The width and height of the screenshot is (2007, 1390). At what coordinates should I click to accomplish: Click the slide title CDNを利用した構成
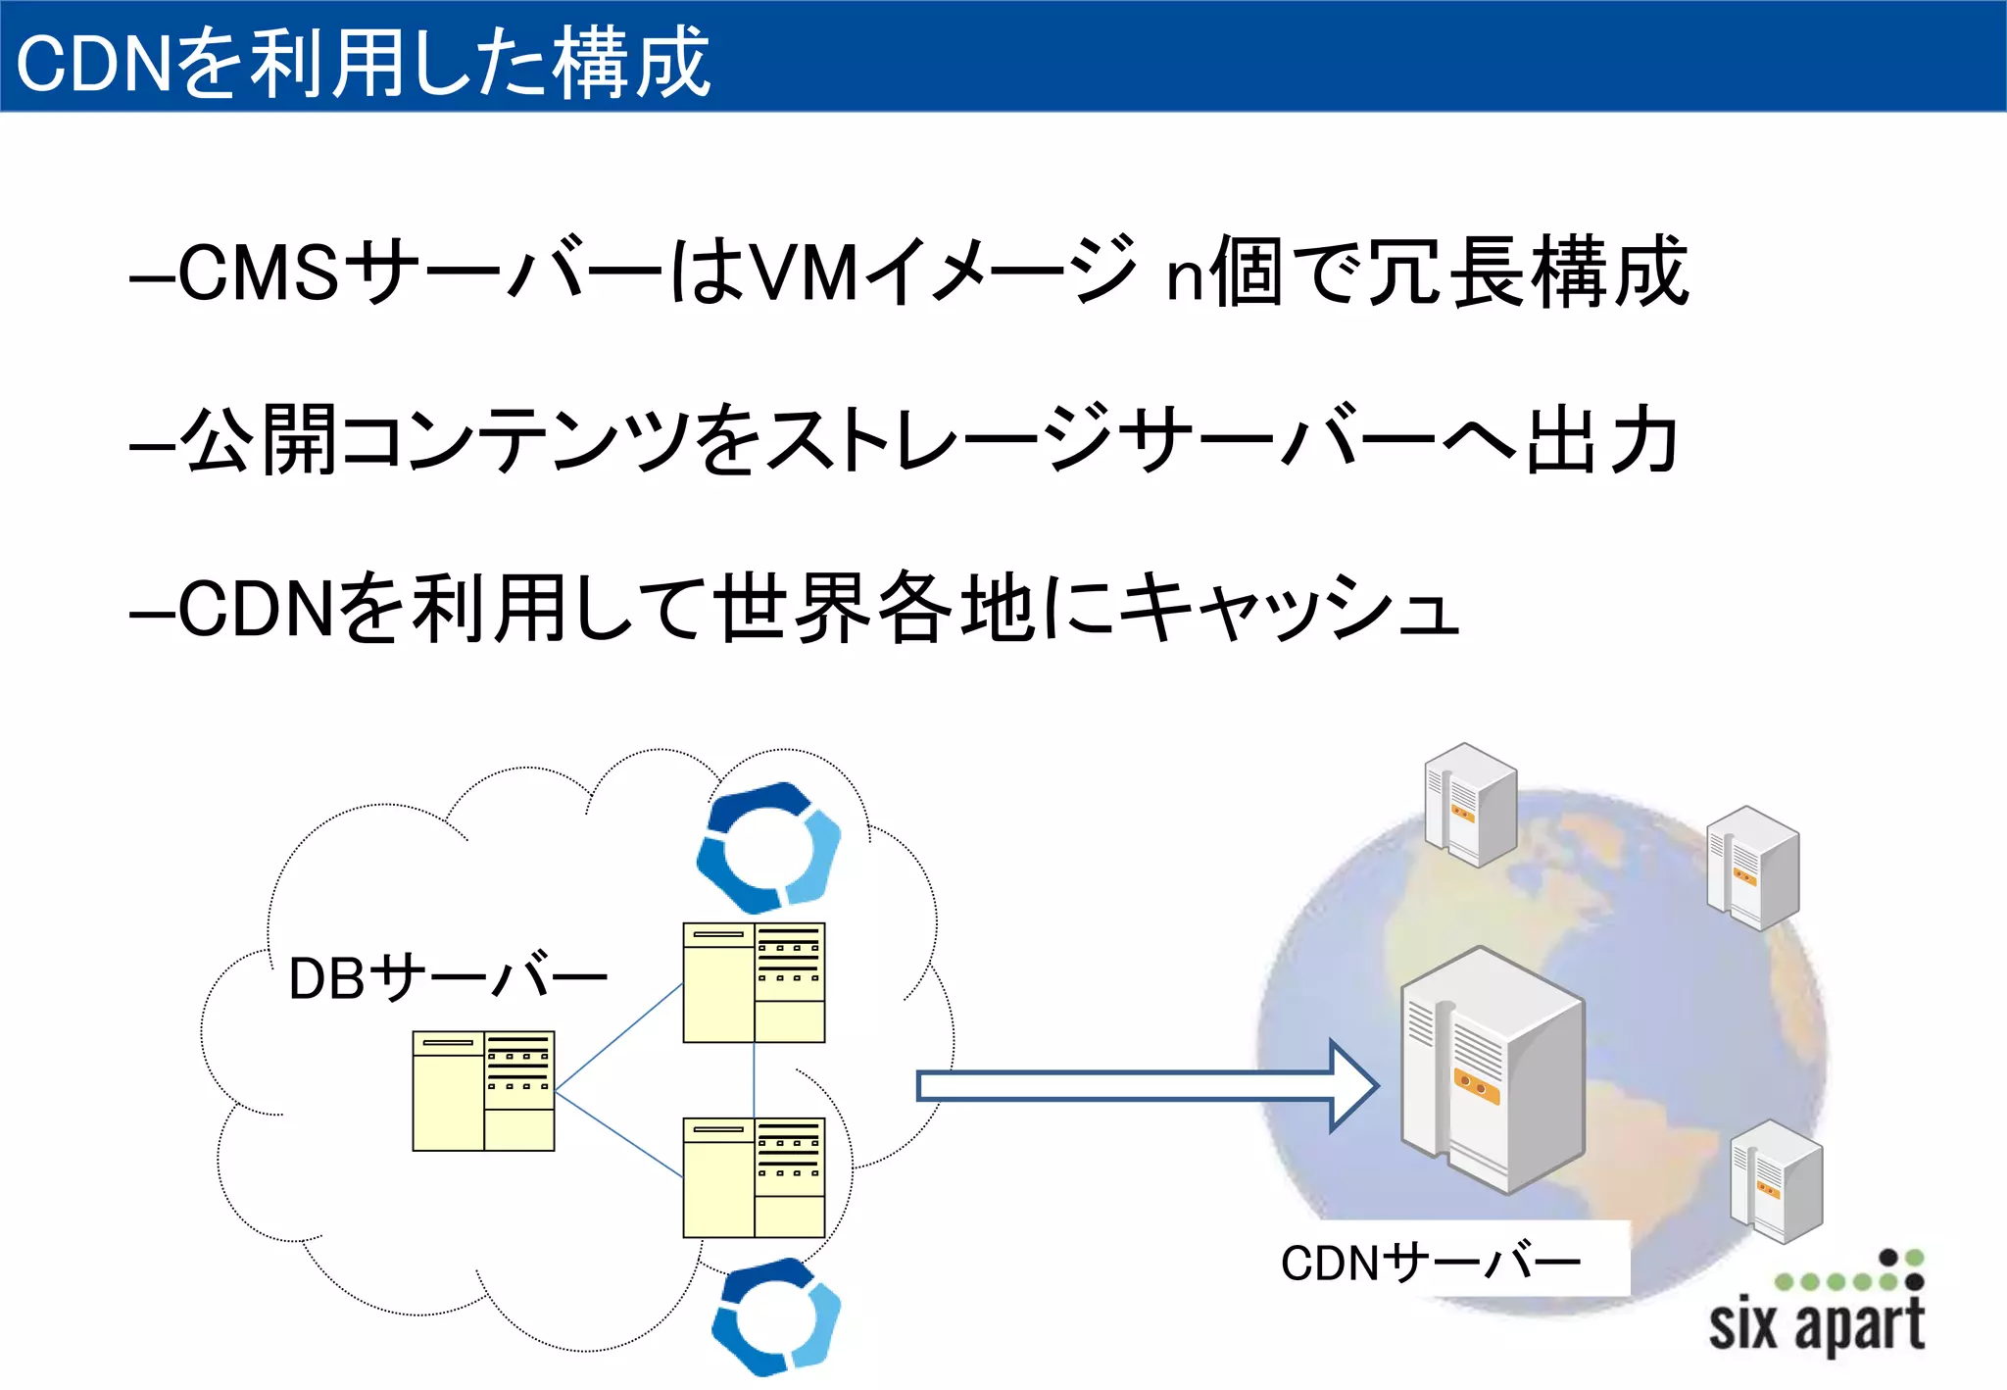pos(363,61)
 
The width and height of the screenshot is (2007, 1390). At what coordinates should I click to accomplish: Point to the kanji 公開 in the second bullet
pos(261,440)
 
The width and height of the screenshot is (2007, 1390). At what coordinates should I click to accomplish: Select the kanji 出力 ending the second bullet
pos(1603,440)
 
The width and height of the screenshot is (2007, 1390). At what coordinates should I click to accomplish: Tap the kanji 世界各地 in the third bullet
pos(877,608)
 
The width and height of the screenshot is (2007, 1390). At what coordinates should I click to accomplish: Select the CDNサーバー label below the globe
pos(1430,1262)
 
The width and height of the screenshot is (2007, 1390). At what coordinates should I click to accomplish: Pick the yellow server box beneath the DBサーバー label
pos(483,1090)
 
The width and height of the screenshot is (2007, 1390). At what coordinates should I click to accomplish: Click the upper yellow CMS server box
pos(754,982)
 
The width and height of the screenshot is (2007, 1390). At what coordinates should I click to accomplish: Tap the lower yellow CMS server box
pos(754,1177)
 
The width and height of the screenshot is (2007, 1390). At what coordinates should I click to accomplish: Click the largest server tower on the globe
pos(1492,1070)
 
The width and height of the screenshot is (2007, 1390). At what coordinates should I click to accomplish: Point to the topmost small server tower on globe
pos(1470,804)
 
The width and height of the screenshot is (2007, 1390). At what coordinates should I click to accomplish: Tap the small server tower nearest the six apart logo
pos(1776,1180)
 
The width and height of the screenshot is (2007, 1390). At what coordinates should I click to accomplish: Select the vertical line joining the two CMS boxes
pos(754,1079)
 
